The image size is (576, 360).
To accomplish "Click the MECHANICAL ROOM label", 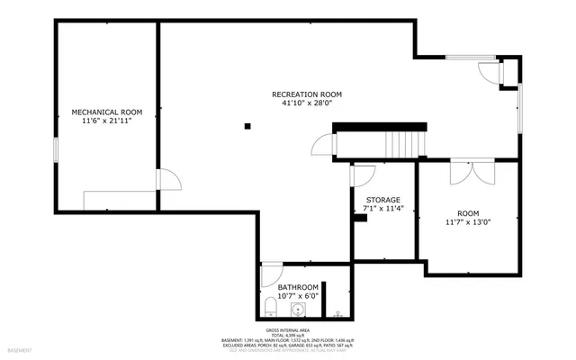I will (107, 112).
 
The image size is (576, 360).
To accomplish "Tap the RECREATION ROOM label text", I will (307, 94).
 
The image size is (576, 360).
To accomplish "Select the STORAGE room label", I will (382, 200).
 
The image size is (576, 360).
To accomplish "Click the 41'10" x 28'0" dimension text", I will (307, 103).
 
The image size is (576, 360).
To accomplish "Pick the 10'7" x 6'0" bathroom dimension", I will (298, 295).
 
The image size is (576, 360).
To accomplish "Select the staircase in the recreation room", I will (404, 144).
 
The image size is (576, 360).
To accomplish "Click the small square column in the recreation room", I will (247, 126).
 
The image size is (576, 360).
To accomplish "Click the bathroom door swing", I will (271, 274).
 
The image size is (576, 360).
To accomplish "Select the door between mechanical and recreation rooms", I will (167, 179).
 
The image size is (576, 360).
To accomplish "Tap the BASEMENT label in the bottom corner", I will (19, 350).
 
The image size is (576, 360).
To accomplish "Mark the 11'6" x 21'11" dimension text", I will (107, 121).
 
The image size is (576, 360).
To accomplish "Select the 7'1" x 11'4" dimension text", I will (382, 208).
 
